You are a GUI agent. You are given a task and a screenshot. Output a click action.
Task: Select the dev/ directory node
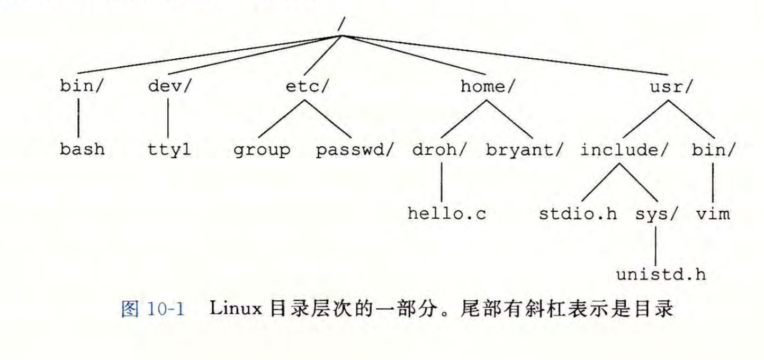169,87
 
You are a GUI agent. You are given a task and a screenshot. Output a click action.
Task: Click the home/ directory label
487,87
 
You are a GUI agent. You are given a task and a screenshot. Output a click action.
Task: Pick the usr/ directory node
670,87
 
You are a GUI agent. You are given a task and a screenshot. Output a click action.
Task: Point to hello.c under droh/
447,214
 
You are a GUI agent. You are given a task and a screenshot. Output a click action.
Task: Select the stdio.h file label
578,214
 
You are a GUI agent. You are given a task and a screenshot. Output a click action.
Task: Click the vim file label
713,214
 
